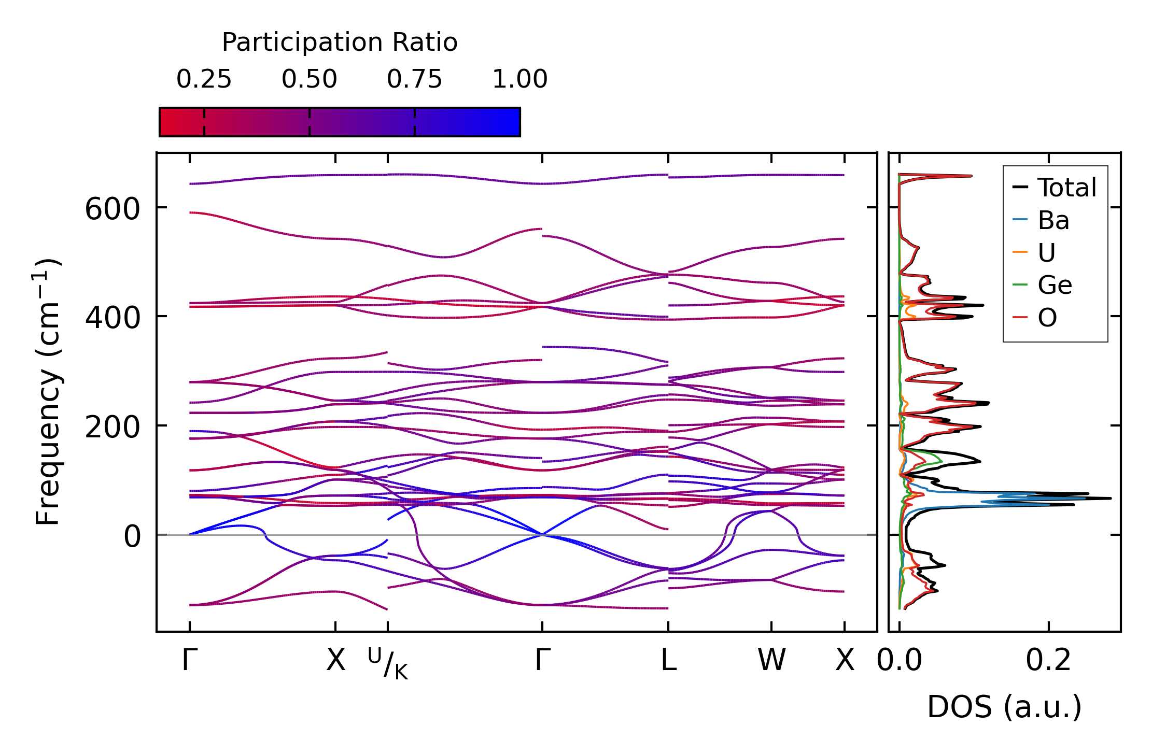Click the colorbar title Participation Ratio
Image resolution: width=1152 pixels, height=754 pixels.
(340, 42)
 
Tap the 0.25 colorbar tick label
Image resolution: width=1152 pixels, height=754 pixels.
(204, 79)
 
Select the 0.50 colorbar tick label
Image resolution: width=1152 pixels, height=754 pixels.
(310, 79)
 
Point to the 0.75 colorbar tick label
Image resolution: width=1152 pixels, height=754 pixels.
(414, 79)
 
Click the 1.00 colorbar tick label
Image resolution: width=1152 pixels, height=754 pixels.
(519, 79)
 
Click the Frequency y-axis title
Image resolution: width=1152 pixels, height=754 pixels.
(48, 392)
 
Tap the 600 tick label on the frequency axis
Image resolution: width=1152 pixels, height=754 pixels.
(113, 210)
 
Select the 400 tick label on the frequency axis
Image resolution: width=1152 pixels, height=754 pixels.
(113, 318)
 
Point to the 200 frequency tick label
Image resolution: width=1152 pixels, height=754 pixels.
(113, 428)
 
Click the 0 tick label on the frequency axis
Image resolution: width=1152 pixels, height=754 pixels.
(132, 537)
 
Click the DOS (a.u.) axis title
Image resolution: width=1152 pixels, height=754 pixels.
(1004, 707)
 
